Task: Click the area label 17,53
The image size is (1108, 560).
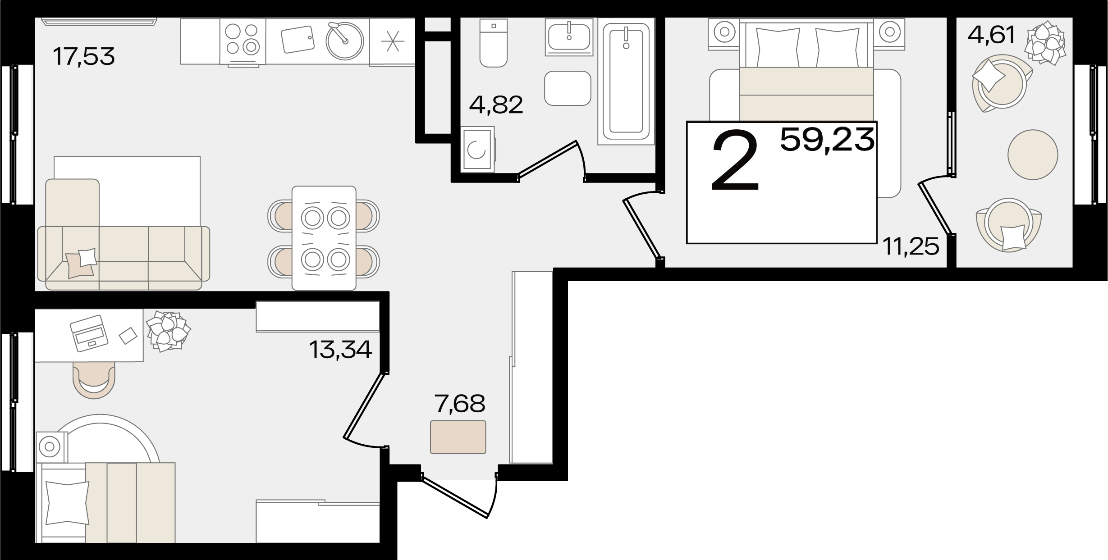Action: click(84, 57)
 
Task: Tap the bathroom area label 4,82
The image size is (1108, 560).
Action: click(496, 105)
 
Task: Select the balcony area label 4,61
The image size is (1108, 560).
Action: click(991, 35)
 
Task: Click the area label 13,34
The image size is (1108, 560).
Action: click(341, 349)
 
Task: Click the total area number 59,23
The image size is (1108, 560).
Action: click(827, 140)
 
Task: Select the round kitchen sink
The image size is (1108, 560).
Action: click(345, 40)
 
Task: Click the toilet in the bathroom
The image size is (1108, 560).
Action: click(494, 43)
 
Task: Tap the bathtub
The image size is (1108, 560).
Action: click(626, 81)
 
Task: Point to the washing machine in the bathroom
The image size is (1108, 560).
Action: click(478, 150)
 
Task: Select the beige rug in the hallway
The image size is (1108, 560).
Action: click(458, 437)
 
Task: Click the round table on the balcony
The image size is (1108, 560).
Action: click(1033, 155)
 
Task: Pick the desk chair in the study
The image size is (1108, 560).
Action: click(94, 380)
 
